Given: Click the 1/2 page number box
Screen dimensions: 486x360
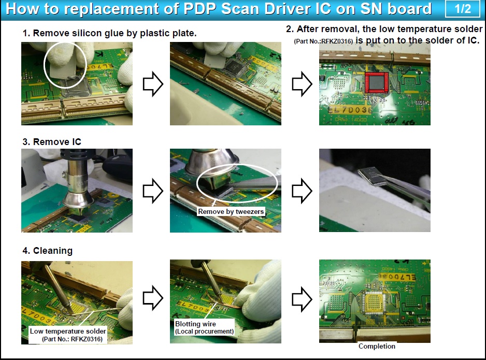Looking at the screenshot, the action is [x=463, y=8].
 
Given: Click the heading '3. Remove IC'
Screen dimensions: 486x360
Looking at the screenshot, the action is [x=52, y=142].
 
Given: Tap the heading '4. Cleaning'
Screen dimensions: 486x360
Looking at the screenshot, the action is [x=48, y=250].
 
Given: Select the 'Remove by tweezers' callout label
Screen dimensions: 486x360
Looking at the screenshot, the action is [x=231, y=212].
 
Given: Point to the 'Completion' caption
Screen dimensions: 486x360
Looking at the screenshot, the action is [x=377, y=346].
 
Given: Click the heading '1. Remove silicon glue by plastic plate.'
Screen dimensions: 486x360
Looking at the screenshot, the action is [x=109, y=33].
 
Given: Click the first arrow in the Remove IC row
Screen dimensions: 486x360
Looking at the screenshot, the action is [x=153, y=191].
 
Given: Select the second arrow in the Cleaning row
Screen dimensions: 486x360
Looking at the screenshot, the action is [x=302, y=299].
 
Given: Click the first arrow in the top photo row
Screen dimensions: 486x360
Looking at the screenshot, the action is [x=153, y=84].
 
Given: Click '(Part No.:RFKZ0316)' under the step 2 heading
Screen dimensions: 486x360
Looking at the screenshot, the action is [x=323, y=41].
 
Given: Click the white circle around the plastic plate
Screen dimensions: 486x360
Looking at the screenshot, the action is [x=44, y=65].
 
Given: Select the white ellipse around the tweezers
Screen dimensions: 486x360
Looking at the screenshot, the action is [x=197, y=183].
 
